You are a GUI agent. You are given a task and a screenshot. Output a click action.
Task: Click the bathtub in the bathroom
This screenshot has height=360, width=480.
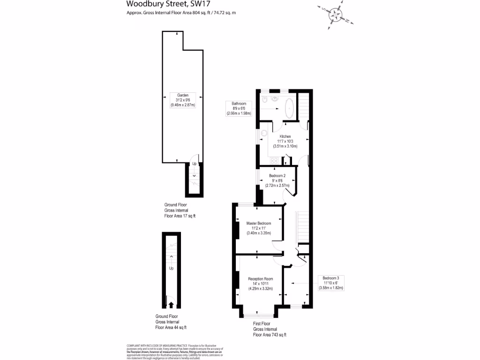click(x=288, y=108)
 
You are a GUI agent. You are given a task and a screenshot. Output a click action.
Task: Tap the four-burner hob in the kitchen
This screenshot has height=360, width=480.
click(x=274, y=161)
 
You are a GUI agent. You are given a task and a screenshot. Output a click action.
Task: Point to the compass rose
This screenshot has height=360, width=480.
click(x=335, y=15)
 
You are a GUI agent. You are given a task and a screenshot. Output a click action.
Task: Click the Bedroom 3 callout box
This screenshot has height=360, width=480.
click(x=331, y=283)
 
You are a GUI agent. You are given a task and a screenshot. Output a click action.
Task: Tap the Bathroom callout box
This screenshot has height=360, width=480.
click(x=239, y=108)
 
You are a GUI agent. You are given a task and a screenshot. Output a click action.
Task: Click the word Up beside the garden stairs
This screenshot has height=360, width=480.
click(x=194, y=164)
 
